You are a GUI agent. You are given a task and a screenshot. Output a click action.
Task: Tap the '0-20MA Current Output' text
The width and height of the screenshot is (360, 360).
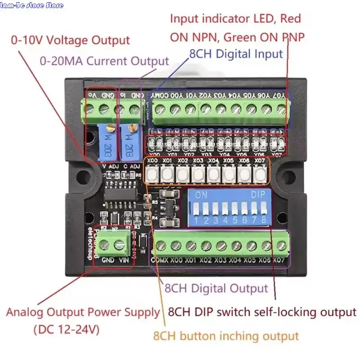click(x=104, y=61)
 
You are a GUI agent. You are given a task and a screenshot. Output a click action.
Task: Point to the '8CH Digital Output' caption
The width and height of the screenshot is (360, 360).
click(x=216, y=288)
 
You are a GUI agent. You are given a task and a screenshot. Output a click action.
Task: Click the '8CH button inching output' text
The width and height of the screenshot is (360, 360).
click(x=226, y=336)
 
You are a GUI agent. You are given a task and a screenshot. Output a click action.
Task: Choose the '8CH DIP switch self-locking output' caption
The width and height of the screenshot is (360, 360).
click(x=262, y=311)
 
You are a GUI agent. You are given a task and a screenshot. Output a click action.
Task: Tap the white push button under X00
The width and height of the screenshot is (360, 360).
click(x=153, y=173)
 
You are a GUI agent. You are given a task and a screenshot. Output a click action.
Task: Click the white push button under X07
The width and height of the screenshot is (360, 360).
click(x=260, y=173)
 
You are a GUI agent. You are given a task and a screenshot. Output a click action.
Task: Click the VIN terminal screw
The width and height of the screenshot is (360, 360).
click(x=120, y=245)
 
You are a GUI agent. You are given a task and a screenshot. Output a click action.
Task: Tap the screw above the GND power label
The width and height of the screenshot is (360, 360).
click(x=104, y=245)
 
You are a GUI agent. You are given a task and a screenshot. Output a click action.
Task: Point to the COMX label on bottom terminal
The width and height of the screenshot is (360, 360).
click(x=159, y=260)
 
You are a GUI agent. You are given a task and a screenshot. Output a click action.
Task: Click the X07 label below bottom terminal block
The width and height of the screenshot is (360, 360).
click(x=279, y=260)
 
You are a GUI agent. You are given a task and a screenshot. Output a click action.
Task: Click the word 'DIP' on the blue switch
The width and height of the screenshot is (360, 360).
click(x=258, y=196)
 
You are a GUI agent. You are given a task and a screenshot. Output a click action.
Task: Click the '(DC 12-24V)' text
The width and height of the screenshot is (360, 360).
click(x=67, y=329)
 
